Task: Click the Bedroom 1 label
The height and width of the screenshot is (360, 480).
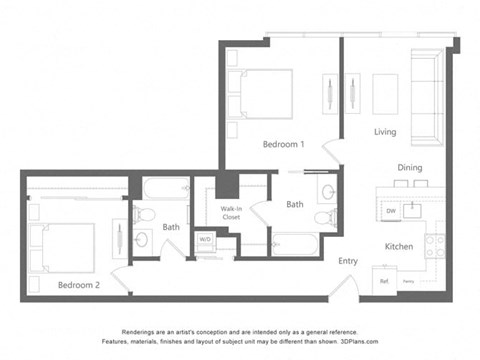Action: tap(283, 144)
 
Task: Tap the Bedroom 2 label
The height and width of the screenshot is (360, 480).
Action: tap(78, 285)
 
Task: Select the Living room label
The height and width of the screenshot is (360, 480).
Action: tap(385, 132)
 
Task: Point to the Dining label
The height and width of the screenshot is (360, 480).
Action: tap(410, 168)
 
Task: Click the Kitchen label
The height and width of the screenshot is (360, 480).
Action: tap(400, 245)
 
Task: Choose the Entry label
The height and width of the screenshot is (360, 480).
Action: tap(348, 261)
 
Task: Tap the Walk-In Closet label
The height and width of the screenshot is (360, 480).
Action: tap(234, 212)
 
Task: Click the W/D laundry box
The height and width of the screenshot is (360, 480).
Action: tap(205, 240)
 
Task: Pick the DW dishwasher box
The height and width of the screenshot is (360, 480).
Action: tap(391, 211)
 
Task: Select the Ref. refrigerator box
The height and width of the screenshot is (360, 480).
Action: tap(384, 281)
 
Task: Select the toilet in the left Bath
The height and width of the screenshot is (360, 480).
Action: tap(144, 216)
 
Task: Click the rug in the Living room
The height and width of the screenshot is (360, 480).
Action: tap(385, 96)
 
